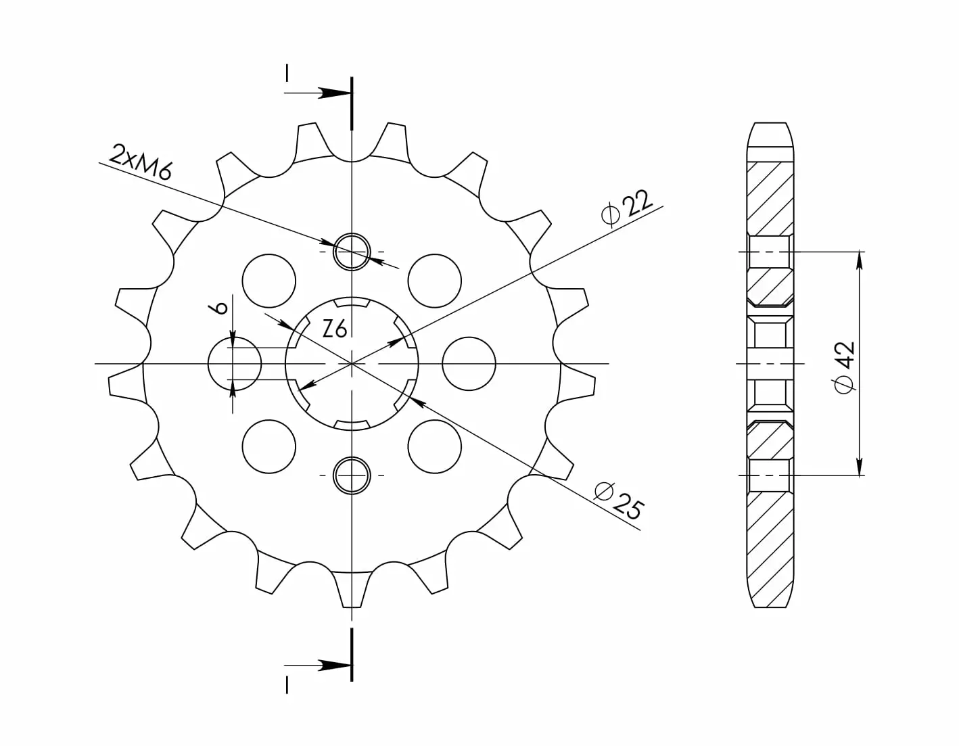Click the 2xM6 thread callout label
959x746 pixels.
click(x=140, y=162)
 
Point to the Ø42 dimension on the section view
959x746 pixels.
click(x=844, y=367)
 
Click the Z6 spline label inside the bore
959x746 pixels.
click(x=335, y=329)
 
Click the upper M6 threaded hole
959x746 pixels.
click(x=351, y=252)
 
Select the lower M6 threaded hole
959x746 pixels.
click(x=351, y=475)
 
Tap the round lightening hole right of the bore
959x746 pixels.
click(x=469, y=363)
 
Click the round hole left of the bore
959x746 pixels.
click(x=235, y=363)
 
